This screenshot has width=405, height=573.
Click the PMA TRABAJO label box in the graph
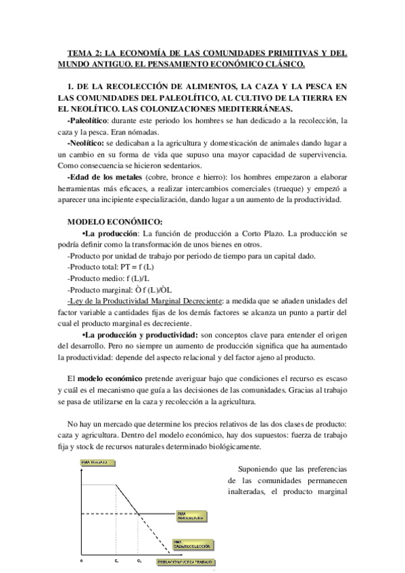coord(95,462)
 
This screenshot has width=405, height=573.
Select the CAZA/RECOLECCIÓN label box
coord(193,544)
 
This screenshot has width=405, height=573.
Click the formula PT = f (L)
coord(138,267)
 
